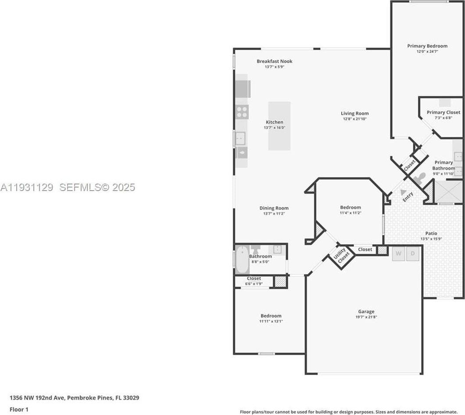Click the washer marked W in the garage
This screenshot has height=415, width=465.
coord(398,253)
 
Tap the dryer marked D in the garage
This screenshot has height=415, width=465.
coord(412,253)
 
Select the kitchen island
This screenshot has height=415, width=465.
coord(279,126)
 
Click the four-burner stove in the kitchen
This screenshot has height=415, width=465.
coord(242,112)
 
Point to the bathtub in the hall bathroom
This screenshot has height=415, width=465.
coord(242,260)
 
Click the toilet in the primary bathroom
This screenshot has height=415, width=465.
coord(420,177)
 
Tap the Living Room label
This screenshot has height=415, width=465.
coord(355,113)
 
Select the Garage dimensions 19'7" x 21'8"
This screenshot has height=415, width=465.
coord(366,317)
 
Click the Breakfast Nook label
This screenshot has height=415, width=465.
coord(275,61)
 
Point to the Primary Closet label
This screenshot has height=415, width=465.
coord(444,112)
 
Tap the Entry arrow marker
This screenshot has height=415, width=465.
coord(402,192)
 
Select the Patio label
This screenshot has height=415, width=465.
coord(431,233)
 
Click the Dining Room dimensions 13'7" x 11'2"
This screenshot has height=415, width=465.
coord(274,213)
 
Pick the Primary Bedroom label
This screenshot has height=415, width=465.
coord(427,46)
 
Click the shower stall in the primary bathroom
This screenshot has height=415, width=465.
coord(448,192)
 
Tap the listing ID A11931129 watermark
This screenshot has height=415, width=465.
coord(27,188)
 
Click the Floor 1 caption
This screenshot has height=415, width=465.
coord(19,409)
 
